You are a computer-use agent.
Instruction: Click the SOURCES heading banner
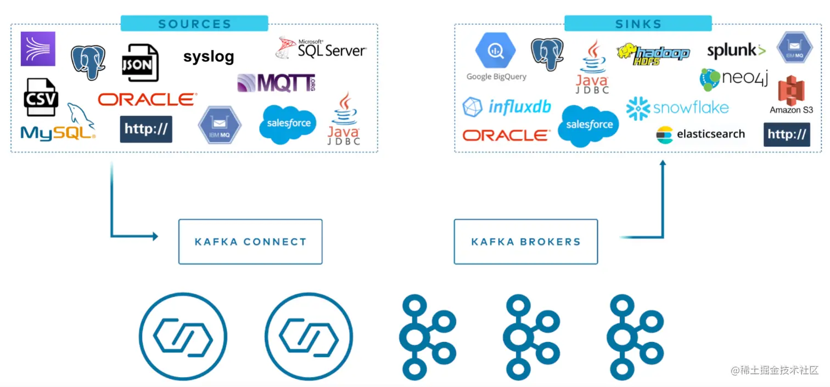[194, 24]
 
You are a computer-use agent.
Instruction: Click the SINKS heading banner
[638, 24]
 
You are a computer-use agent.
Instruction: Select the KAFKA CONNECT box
[250, 242]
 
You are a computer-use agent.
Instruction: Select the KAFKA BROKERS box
[525, 242]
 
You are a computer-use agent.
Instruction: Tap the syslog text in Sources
[209, 56]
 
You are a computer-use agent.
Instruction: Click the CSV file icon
[41, 98]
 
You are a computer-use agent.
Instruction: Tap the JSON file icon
[139, 63]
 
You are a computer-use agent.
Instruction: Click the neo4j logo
[733, 79]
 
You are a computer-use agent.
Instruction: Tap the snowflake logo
[677, 107]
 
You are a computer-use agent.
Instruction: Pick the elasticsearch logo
[700, 134]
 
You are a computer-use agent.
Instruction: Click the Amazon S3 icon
[791, 94]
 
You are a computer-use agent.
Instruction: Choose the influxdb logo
[507, 107]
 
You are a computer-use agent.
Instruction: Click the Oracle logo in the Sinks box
[506, 135]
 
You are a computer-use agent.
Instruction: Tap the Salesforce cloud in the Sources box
[288, 124]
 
